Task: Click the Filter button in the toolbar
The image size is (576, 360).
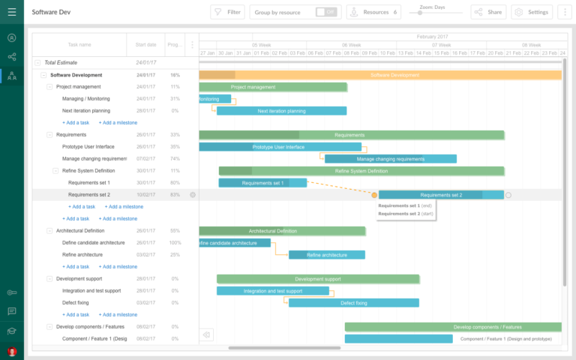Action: (228, 12)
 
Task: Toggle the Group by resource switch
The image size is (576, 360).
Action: (325, 12)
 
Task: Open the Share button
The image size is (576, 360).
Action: (488, 12)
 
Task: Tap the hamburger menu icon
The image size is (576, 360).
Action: (12, 12)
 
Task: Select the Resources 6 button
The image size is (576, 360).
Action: (373, 12)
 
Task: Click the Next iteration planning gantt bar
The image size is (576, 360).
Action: (281, 111)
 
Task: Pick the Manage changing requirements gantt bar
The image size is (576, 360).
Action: (390, 159)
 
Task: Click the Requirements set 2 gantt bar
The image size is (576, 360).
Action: (441, 195)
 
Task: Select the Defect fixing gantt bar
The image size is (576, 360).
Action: (354, 303)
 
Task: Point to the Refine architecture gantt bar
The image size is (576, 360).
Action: (326, 255)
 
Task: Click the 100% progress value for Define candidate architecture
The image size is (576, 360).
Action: (175, 243)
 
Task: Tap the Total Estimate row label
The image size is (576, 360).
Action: (61, 63)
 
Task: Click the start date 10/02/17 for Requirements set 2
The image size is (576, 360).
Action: (146, 195)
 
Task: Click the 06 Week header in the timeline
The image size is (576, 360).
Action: (351, 45)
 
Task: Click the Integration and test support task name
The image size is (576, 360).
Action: (91, 291)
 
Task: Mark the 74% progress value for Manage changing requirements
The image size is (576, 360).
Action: (175, 159)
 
